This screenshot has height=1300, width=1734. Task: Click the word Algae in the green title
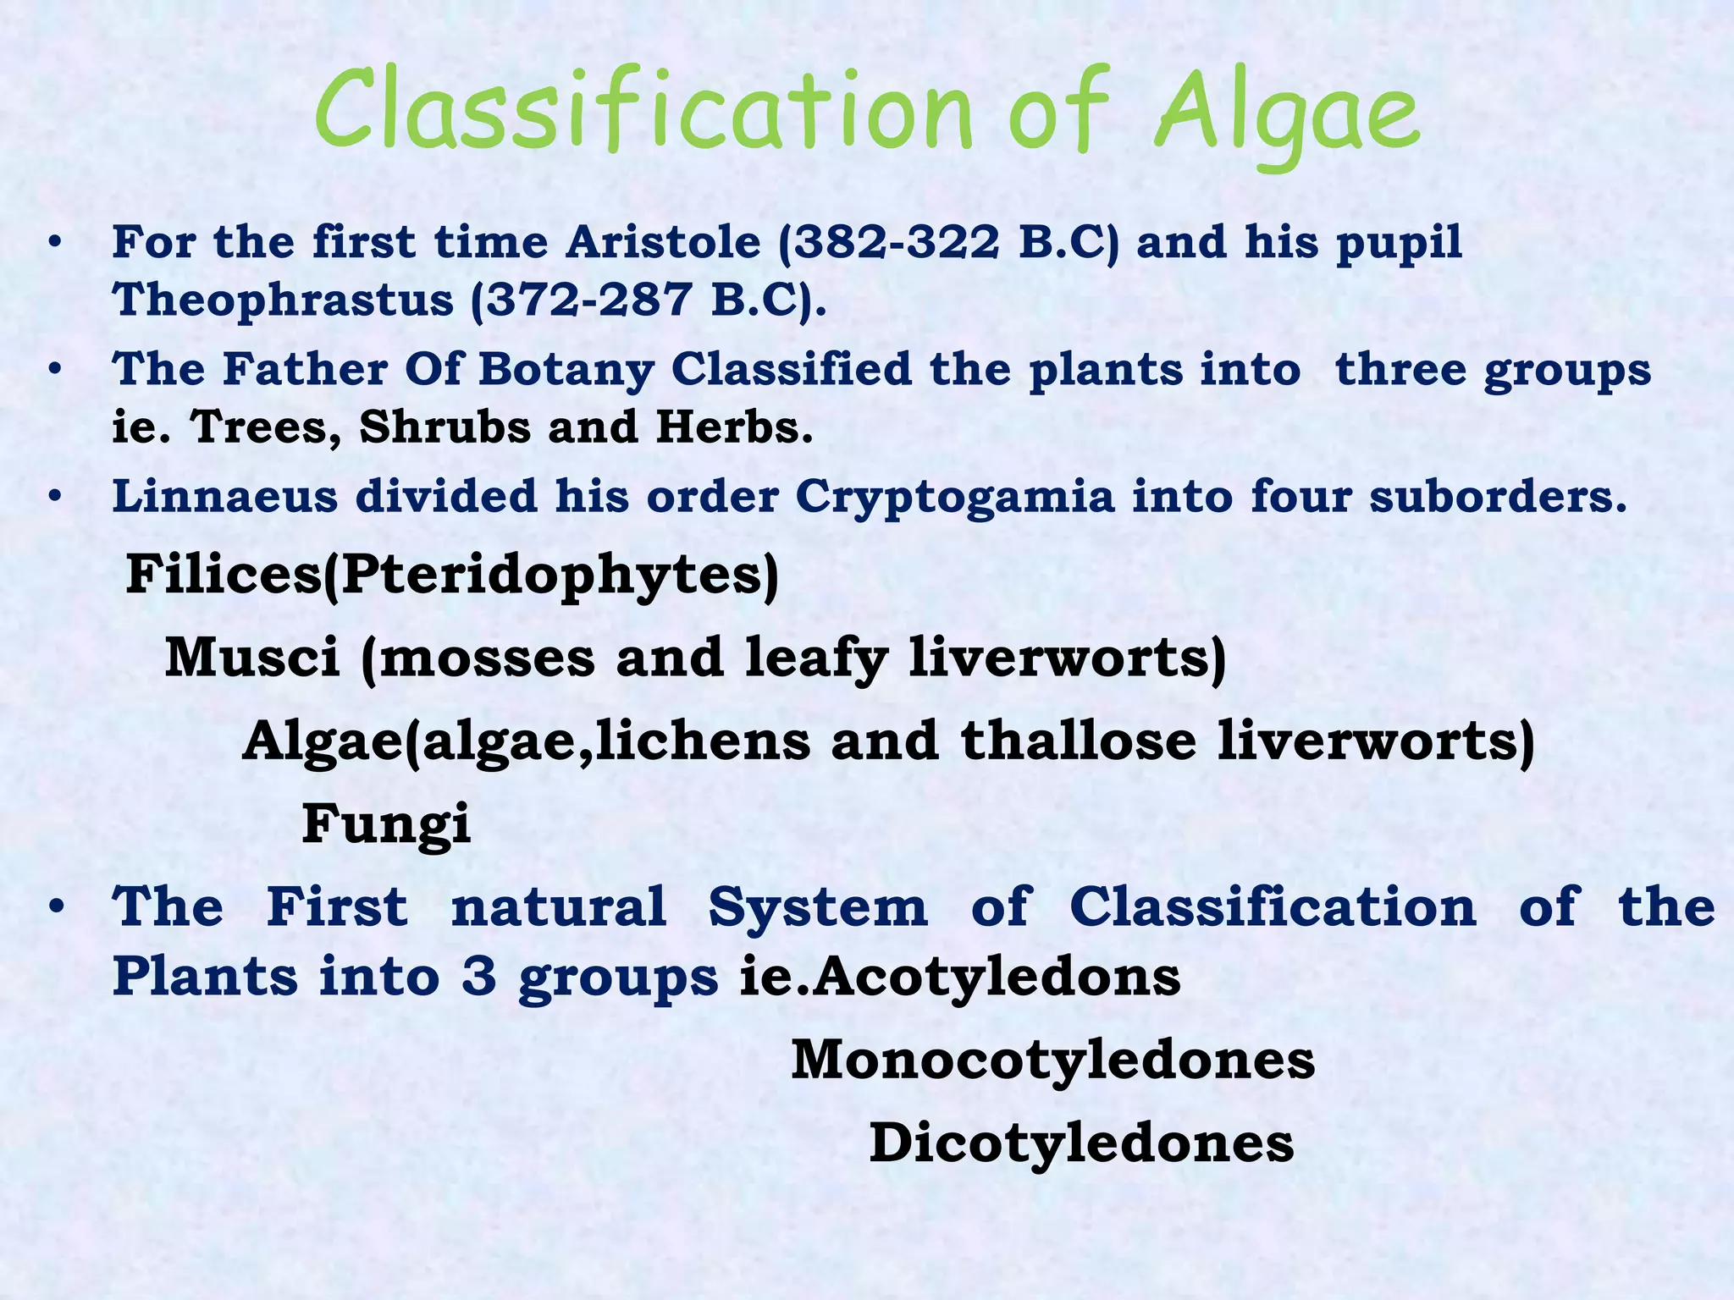click(1287, 114)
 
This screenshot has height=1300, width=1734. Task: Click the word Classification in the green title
click(643, 114)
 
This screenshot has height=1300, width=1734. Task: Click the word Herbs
click(733, 427)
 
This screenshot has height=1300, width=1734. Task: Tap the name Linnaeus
click(224, 497)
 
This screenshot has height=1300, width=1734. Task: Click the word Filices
click(224, 575)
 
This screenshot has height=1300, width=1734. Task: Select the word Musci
click(252, 658)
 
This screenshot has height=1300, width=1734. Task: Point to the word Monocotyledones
click(1052, 1060)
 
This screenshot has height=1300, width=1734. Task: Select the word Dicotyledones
click(1081, 1143)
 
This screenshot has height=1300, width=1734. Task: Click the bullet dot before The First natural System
click(56, 907)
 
